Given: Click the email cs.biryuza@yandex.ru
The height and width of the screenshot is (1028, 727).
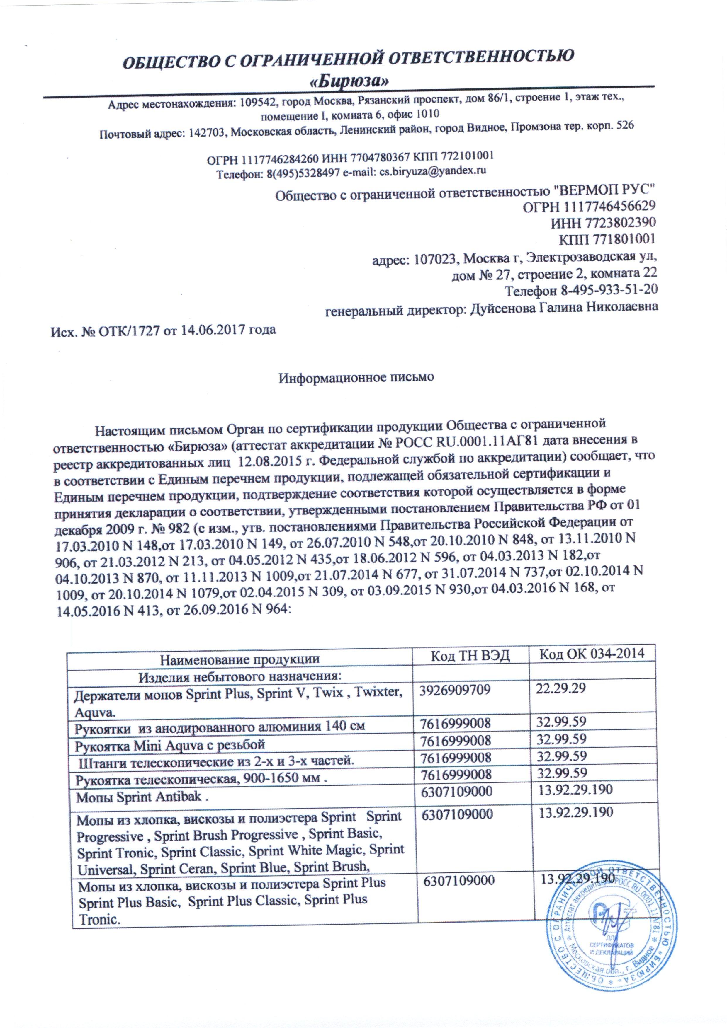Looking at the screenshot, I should tap(433, 171).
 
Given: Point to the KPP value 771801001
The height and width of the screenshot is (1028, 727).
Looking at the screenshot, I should tap(627, 239).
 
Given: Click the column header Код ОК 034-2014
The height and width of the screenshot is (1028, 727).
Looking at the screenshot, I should tap(591, 654).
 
